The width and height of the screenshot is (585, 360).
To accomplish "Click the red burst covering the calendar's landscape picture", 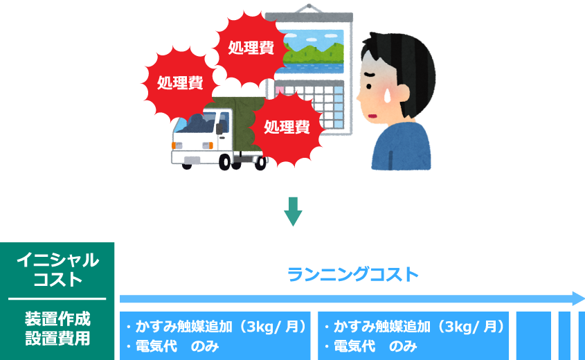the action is [x=251, y=48].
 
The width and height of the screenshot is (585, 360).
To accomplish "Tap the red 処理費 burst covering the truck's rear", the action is [x=287, y=127].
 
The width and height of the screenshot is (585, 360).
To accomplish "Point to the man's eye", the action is [x=368, y=87].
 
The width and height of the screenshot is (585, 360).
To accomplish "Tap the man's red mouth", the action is [x=372, y=116].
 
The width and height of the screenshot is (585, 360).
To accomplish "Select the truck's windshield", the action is [x=195, y=123].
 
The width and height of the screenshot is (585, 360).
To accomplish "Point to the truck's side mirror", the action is [x=219, y=129].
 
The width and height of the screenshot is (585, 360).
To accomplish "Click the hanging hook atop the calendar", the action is [x=309, y=8].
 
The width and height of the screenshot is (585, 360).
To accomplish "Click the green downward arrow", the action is [x=293, y=211].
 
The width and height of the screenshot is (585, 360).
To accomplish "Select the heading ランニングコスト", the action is [x=352, y=274].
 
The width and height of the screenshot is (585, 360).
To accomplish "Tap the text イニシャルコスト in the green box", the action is [x=57, y=269].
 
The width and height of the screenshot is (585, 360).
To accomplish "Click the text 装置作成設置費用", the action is [x=57, y=328].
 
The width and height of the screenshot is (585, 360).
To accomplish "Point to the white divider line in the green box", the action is [x=57, y=299].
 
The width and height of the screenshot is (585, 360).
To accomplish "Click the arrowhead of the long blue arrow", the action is [x=578, y=299].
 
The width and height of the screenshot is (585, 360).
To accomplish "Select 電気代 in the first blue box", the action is [x=156, y=346].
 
